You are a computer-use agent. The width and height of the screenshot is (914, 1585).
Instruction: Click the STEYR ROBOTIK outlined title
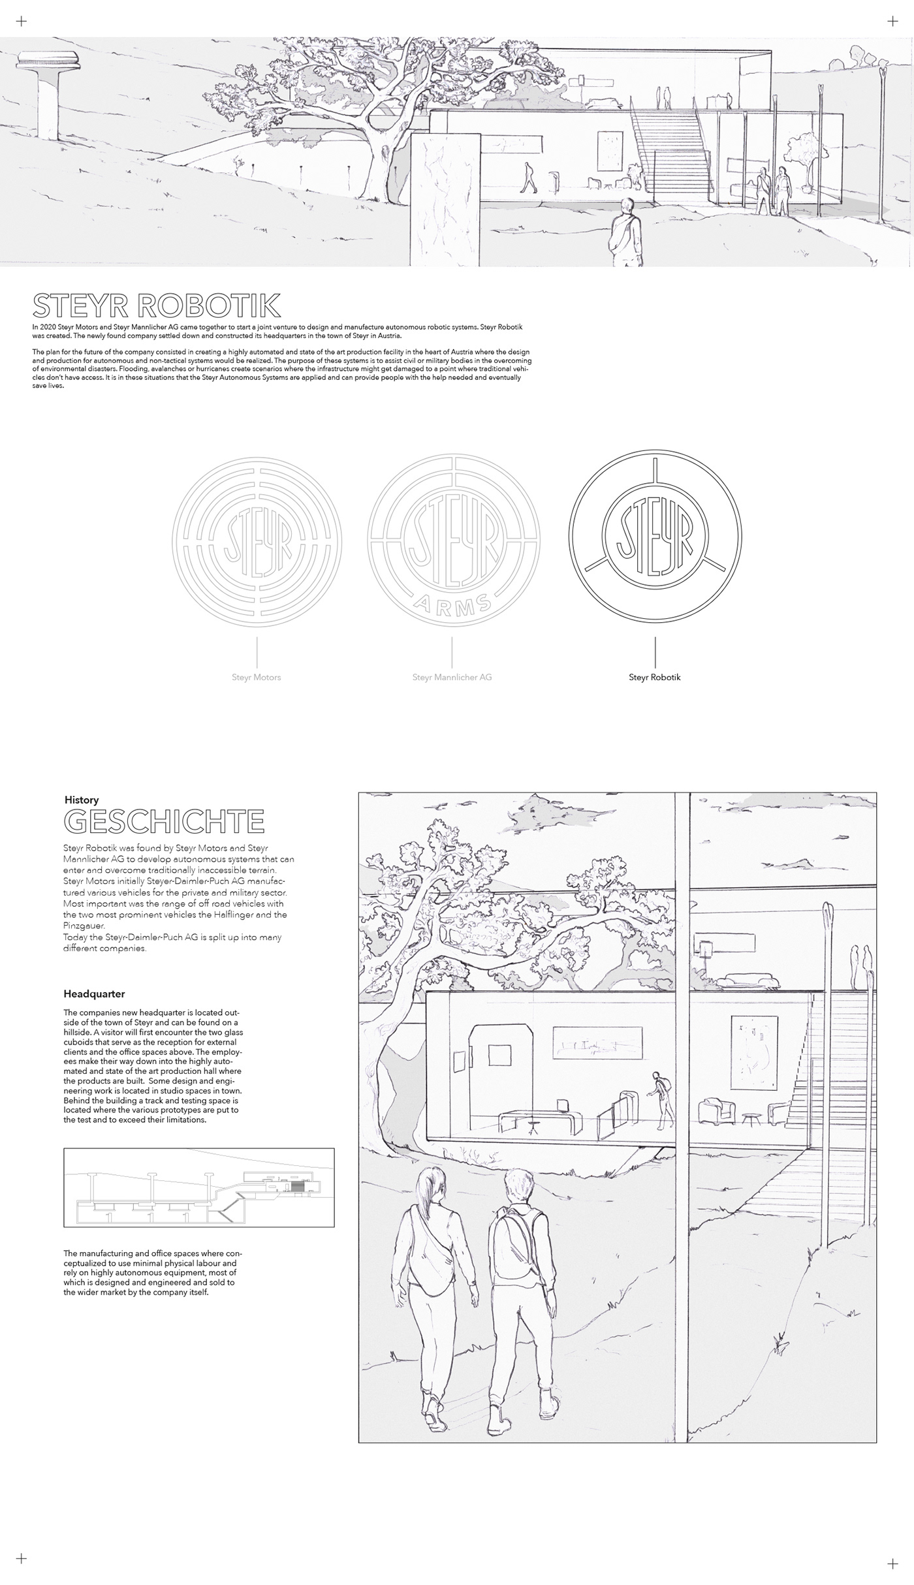point(157,306)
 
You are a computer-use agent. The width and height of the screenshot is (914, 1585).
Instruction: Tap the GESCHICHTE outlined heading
point(164,822)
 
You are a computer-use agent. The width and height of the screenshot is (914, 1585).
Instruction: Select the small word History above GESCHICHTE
point(82,800)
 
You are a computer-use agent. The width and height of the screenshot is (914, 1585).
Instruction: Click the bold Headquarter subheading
point(94,994)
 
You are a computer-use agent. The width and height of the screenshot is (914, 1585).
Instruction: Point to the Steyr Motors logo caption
point(256,677)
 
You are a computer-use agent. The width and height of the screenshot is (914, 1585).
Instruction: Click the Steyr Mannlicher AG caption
point(452,677)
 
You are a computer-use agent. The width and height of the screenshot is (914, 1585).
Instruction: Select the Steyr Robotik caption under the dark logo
point(654,677)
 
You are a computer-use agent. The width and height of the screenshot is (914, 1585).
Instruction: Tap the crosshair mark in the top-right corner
point(893,22)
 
